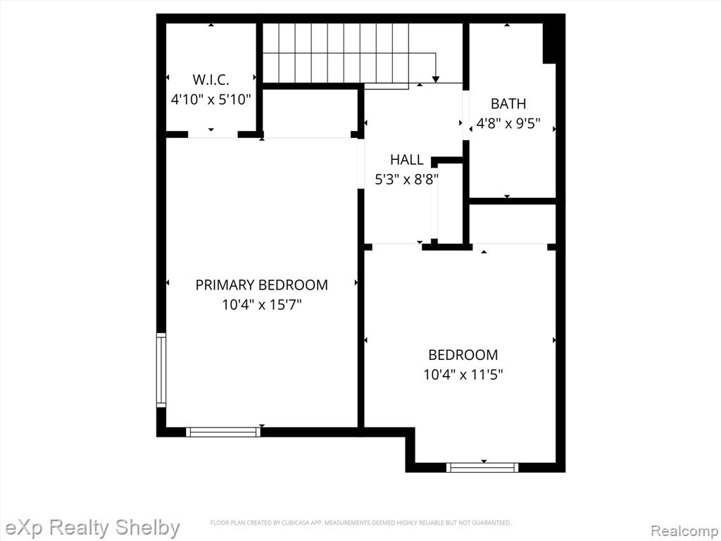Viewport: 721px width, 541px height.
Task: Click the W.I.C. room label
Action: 211,80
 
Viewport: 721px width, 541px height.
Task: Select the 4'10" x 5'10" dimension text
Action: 211,99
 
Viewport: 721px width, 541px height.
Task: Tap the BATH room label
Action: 508,104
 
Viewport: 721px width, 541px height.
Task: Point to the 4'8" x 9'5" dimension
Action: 508,124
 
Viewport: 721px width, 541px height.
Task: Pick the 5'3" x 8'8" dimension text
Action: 406,180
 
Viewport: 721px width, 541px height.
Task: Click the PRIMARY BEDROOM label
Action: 262,285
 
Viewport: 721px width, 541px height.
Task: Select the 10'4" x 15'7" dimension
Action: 262,305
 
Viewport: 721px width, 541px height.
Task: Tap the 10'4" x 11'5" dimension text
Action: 463,375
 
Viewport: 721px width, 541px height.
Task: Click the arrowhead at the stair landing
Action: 435,80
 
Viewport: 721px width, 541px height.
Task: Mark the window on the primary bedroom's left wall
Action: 161,370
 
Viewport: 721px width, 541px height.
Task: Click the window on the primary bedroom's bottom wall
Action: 223,432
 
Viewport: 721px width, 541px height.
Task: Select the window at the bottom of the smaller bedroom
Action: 482,468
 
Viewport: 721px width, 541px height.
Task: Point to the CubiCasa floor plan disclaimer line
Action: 360,523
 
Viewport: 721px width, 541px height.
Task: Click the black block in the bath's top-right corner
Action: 549,43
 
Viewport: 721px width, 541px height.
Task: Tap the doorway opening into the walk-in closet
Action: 213,135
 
